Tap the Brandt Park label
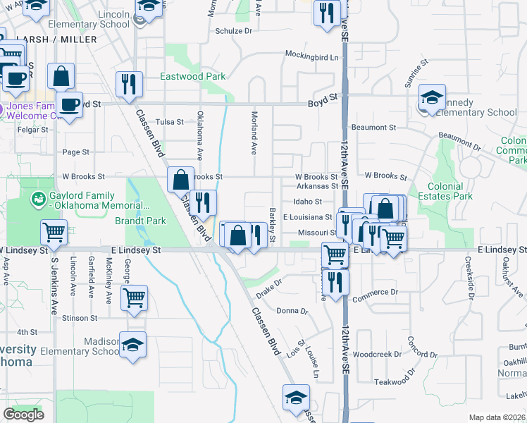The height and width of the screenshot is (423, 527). pyautogui.click(x=141, y=221)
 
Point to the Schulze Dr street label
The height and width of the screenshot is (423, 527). pyautogui.click(x=233, y=31)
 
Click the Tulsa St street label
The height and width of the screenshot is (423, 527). pyautogui.click(x=169, y=121)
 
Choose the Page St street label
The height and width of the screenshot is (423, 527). pyautogui.click(x=76, y=152)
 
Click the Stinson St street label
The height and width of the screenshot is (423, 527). pyautogui.click(x=78, y=318)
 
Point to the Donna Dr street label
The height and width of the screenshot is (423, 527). pyautogui.click(x=292, y=310)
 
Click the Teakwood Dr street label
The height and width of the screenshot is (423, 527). pyautogui.click(x=392, y=381)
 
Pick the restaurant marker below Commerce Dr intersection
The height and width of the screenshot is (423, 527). pyautogui.click(x=335, y=281)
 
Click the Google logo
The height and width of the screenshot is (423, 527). pyautogui.click(x=23, y=415)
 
